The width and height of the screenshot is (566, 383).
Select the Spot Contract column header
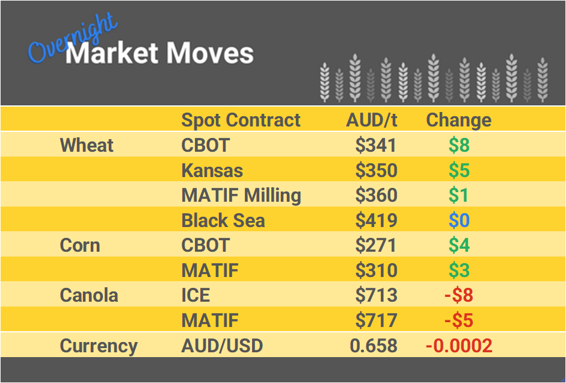coord(241,120)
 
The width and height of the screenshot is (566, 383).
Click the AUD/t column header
coord(371,120)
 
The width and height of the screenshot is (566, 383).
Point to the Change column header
coord(458,120)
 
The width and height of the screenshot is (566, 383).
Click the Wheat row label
coord(87,145)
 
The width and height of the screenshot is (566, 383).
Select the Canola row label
coord(88,296)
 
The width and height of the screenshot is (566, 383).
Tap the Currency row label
coord(99,346)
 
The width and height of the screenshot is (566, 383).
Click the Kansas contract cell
coord(212,170)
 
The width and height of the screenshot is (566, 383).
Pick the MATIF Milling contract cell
coord(241,195)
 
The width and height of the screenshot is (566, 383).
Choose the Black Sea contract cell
coord(223,220)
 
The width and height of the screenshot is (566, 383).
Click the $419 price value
coord(376,220)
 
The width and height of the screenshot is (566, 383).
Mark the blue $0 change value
coord(459,220)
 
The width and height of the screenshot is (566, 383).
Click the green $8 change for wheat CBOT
coord(459,145)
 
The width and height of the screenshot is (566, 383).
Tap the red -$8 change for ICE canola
coord(458,296)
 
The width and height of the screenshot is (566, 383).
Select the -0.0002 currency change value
coord(458,346)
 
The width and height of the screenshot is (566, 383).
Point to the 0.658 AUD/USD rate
coord(373,346)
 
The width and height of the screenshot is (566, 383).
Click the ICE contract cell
coord(195,296)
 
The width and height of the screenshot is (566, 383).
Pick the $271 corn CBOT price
coord(376,246)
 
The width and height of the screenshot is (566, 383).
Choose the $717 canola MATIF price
coord(376,320)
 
